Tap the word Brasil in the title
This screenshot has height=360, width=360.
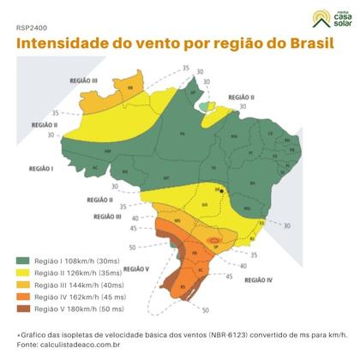point(304,43)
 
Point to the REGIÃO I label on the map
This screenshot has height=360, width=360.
point(40,169)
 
